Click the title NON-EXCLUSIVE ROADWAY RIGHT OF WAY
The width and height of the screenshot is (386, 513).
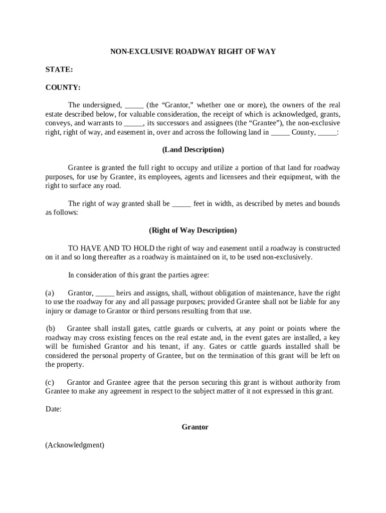193,52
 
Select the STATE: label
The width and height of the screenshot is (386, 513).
59,70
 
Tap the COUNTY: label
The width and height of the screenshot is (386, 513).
63,88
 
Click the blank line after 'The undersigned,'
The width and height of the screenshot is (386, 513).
134,105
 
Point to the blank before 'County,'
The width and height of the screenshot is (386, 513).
280,133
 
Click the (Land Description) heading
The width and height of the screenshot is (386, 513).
193,150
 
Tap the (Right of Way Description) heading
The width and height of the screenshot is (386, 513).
193,230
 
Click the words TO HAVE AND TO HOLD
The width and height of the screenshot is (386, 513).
111,248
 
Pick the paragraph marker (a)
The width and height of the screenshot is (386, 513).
50,293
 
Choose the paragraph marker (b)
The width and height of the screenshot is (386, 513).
51,329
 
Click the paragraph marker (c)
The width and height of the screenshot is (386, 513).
50,382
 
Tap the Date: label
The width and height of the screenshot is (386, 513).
54,409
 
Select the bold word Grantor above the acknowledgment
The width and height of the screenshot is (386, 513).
195,427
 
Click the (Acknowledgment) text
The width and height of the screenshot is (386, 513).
75,445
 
